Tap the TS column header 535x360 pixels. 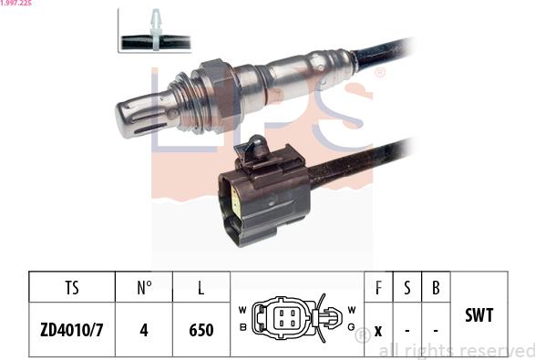[72, 288]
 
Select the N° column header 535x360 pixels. [144, 288]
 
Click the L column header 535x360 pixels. [201, 288]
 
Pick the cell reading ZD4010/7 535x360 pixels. [72, 329]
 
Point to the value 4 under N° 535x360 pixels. [144, 329]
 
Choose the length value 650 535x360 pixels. [201, 329]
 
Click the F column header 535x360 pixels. [378, 288]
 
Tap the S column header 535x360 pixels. [407, 288]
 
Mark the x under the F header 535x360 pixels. [378, 329]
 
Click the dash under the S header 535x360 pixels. [407, 329]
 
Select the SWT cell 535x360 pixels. [478, 314]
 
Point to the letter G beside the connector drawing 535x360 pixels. [351, 326]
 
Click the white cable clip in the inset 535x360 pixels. [157, 31]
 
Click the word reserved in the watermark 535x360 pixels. [499, 350]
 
